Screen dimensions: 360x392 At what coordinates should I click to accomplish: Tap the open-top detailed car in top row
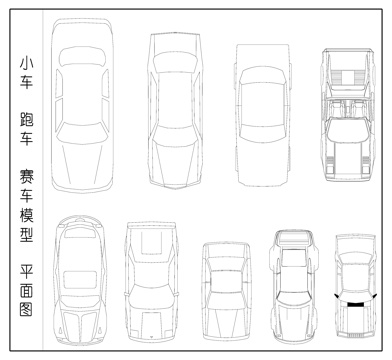point(346,113)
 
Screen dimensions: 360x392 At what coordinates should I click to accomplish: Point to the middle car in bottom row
point(224,290)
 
